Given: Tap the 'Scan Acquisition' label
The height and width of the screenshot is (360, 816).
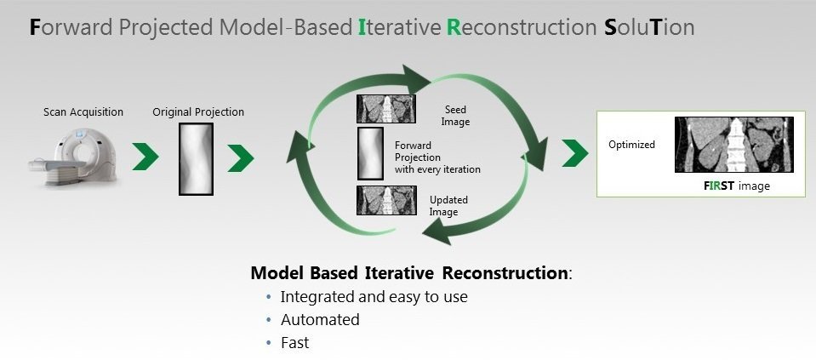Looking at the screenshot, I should (x=83, y=111).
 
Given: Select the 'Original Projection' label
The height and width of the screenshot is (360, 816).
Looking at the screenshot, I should (x=197, y=111).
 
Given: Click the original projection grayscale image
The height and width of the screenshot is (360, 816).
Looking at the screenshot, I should (x=195, y=158).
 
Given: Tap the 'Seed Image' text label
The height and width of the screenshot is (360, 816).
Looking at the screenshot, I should (x=456, y=116).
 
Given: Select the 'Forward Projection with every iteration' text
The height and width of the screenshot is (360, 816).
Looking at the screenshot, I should (x=437, y=157).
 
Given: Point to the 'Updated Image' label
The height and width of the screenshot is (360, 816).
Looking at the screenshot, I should (x=448, y=205).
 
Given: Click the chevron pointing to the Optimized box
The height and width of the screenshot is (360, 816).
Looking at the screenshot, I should (x=575, y=153).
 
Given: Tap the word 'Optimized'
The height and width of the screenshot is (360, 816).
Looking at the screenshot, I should (x=631, y=145).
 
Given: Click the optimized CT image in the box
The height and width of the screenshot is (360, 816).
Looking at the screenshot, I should (x=733, y=145).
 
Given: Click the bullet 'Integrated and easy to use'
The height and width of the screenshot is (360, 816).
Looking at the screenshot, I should (x=374, y=297).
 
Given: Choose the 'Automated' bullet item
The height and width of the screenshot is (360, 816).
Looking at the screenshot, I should (x=320, y=320).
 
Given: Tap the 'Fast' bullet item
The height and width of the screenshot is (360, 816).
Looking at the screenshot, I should (x=294, y=343).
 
